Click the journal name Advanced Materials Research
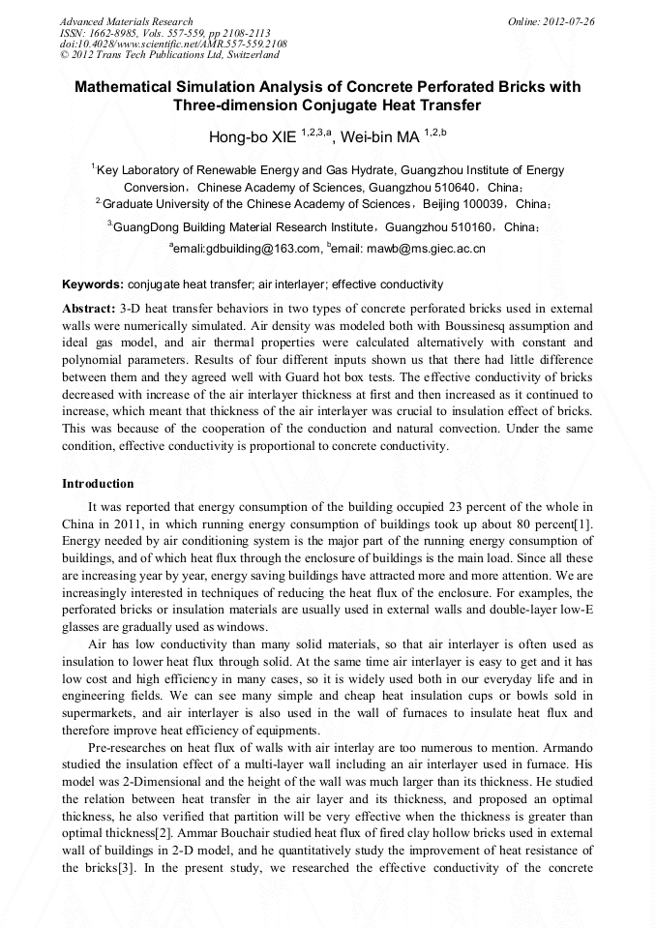tap(126, 21)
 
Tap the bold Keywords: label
tap(93, 284)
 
